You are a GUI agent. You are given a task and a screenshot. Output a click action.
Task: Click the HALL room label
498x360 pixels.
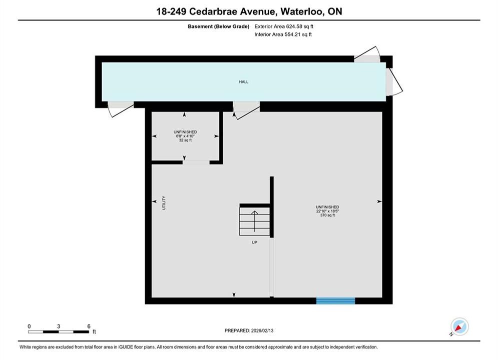(244, 82)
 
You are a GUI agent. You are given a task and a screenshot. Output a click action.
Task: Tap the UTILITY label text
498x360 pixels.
(164, 202)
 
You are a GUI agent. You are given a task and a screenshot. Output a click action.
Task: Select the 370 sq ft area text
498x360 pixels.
(327, 215)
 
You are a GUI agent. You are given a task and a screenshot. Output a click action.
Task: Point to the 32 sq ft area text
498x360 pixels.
(185, 140)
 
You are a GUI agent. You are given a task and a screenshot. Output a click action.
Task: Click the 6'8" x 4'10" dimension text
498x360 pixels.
(185, 136)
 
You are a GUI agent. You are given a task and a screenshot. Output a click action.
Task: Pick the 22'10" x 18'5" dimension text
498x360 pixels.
(327, 211)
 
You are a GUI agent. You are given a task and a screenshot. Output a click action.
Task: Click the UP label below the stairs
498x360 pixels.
(254, 242)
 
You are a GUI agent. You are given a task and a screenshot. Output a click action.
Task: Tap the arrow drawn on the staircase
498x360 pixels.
(254, 221)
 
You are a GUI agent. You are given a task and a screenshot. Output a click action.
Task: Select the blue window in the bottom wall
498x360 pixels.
(335, 300)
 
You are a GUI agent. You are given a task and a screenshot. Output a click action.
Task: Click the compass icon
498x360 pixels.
(459, 326)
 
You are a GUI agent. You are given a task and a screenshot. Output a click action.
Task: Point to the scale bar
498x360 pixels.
(59, 332)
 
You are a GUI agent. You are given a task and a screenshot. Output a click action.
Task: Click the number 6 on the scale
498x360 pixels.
(89, 326)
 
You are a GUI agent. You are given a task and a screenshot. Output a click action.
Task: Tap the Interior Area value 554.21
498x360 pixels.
(292, 34)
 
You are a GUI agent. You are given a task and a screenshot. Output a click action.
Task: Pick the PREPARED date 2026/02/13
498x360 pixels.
(262, 330)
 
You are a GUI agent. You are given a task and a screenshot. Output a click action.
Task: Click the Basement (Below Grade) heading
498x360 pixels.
(219, 26)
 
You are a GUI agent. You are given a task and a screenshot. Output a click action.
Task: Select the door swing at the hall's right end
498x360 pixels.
(394, 81)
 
